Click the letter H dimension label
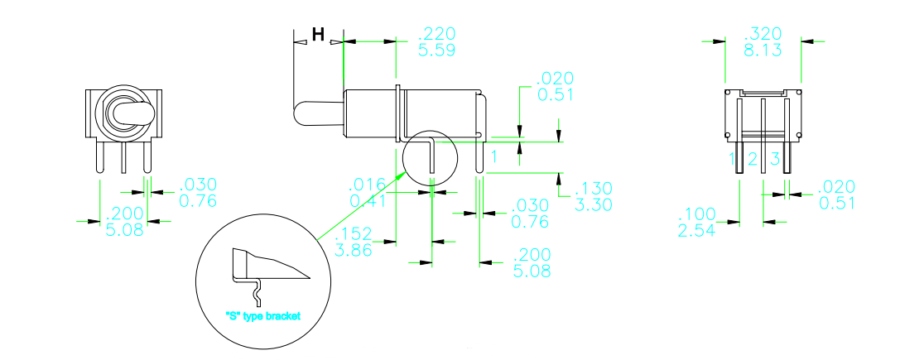[318, 34]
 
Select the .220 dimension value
[436, 34]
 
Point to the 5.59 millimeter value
[437, 50]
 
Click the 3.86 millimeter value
[354, 248]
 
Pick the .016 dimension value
[366, 185]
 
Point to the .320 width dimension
[763, 34]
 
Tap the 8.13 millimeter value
[763, 50]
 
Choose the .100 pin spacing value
[697, 214]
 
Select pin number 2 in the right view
[753, 159]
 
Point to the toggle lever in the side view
[318, 113]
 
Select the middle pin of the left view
[123, 157]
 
